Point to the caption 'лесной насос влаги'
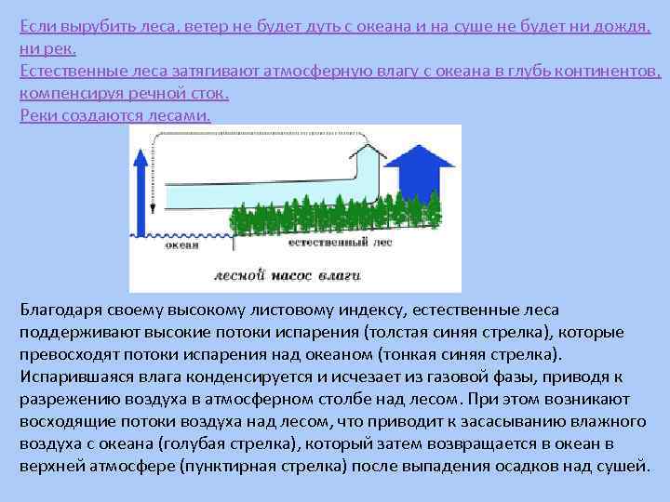pyautogui.click(x=287, y=275)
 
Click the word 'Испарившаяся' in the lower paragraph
pyautogui.click(x=75, y=376)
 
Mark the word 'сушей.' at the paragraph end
pyautogui.click(x=623, y=465)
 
